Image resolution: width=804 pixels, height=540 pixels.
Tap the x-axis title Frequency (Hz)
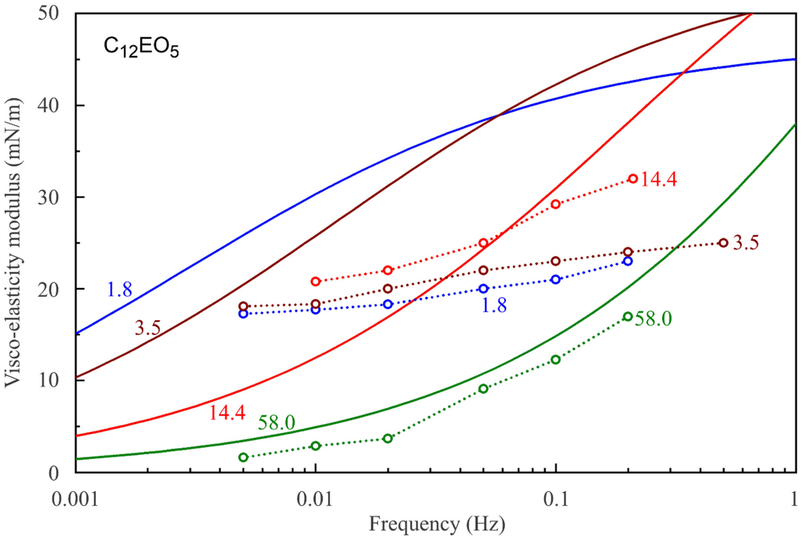coord(437,524)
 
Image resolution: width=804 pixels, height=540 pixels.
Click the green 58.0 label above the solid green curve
coord(276,423)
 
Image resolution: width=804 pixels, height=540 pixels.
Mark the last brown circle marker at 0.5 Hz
coord(723,243)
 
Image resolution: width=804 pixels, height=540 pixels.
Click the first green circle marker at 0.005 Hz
coord(243,457)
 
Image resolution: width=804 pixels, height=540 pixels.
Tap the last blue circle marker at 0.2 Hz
coord(628,261)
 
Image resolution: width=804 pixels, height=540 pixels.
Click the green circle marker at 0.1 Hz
coord(556,359)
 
